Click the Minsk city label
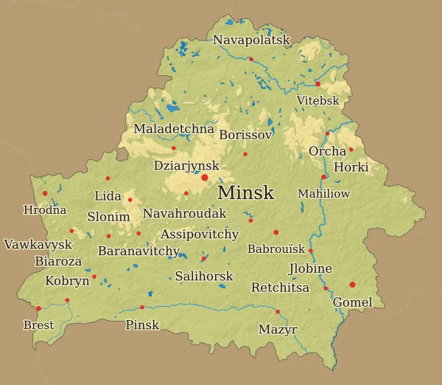(x=246, y=193)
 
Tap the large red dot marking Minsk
(x=204, y=177)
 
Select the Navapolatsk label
(x=252, y=40)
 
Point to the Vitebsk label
(x=318, y=100)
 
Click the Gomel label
(x=353, y=302)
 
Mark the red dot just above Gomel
(x=352, y=285)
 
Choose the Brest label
(x=38, y=325)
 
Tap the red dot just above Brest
(x=38, y=308)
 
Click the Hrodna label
(x=45, y=210)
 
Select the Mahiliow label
(x=323, y=194)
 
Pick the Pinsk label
(x=142, y=325)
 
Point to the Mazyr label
(x=278, y=330)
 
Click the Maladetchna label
(x=174, y=129)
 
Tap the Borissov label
(x=246, y=135)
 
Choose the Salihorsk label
(x=204, y=277)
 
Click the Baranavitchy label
(x=139, y=251)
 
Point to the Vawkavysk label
(x=38, y=244)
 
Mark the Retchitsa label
(x=280, y=288)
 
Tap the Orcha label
(x=327, y=151)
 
